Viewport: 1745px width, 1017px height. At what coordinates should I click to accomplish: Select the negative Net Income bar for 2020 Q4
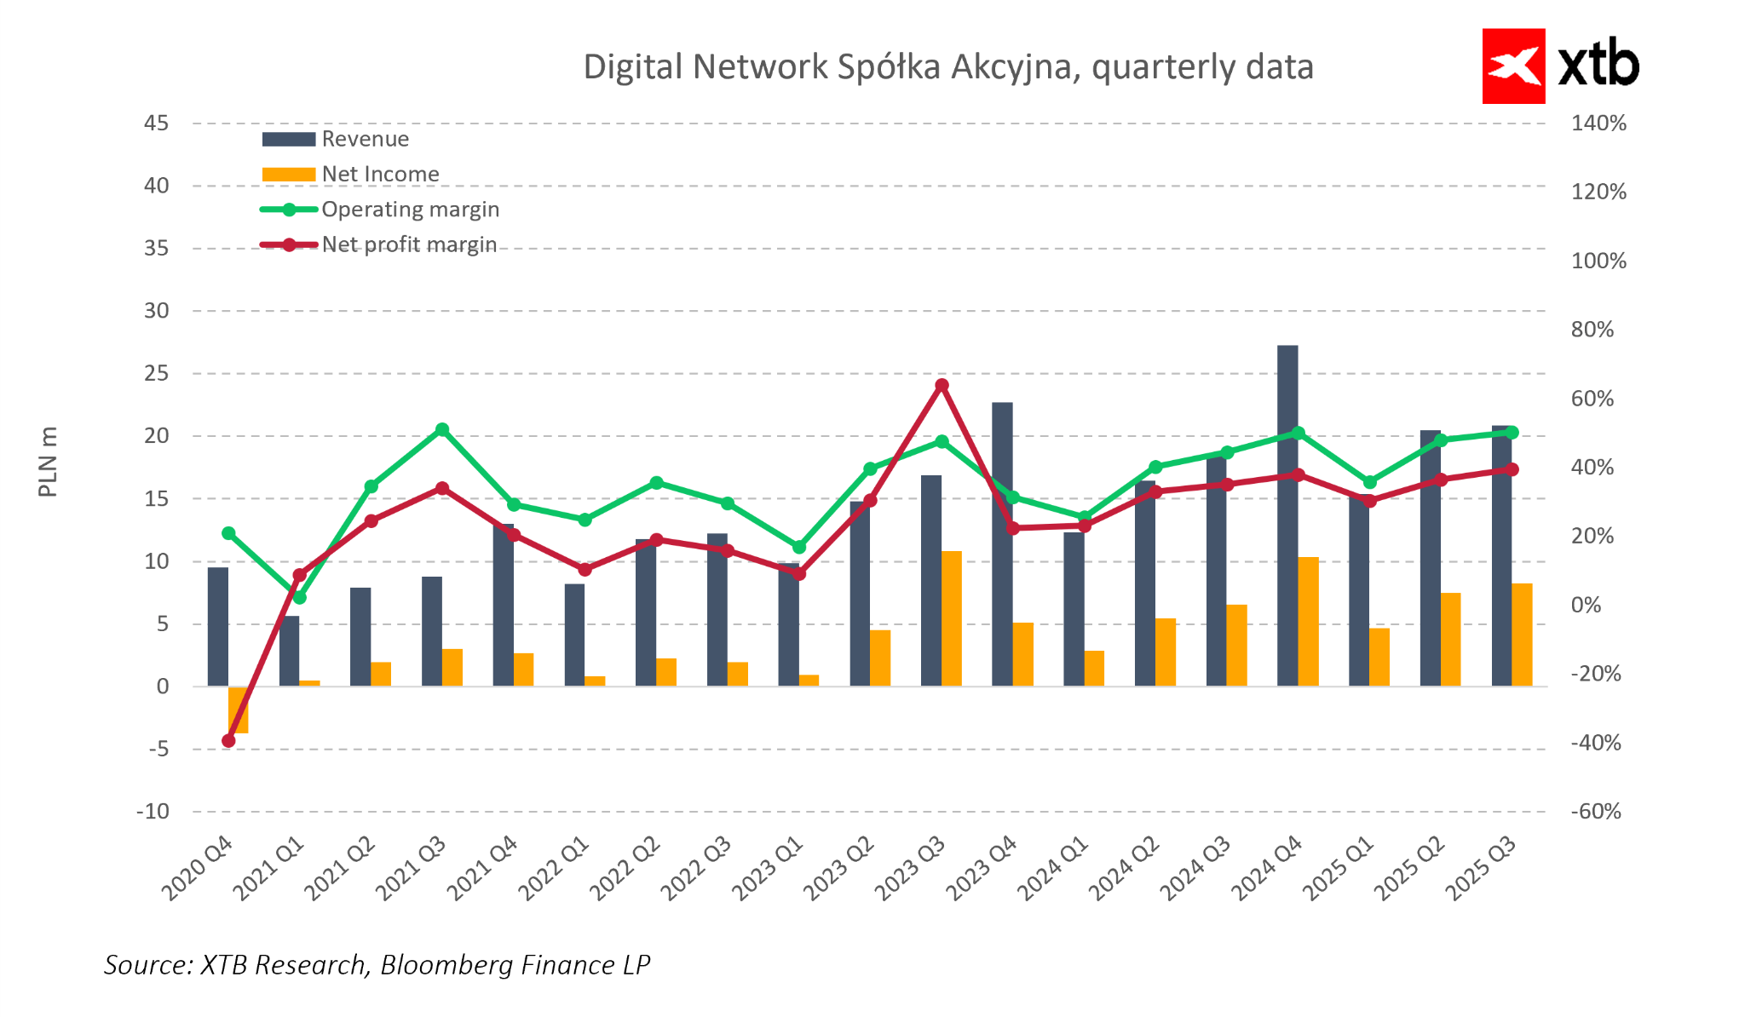[239, 710]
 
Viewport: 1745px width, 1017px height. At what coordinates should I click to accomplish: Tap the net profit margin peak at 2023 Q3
[942, 385]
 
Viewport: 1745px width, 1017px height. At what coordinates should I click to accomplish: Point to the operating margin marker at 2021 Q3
[442, 430]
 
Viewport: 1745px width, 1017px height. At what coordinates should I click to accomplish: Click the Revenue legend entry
[365, 139]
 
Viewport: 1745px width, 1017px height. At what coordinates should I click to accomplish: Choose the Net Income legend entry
[380, 174]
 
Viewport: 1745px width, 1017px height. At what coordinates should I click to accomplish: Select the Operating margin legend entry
[410, 210]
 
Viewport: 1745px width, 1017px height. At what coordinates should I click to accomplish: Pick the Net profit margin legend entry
[409, 244]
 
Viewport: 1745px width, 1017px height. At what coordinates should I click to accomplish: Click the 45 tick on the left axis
[156, 124]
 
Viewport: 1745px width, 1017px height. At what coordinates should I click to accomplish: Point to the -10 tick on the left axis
[153, 811]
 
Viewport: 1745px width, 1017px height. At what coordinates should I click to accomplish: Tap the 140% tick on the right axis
[1598, 124]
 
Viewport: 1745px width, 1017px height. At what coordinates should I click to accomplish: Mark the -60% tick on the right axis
[1596, 811]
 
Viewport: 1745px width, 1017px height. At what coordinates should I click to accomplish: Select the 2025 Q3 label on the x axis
[1483, 869]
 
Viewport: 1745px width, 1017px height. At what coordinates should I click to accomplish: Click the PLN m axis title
[49, 462]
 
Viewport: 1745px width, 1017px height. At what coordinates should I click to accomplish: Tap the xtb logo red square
[1513, 66]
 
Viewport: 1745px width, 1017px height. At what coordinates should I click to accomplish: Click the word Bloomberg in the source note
[443, 964]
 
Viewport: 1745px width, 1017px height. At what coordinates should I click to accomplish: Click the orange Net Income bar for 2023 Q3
[952, 618]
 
